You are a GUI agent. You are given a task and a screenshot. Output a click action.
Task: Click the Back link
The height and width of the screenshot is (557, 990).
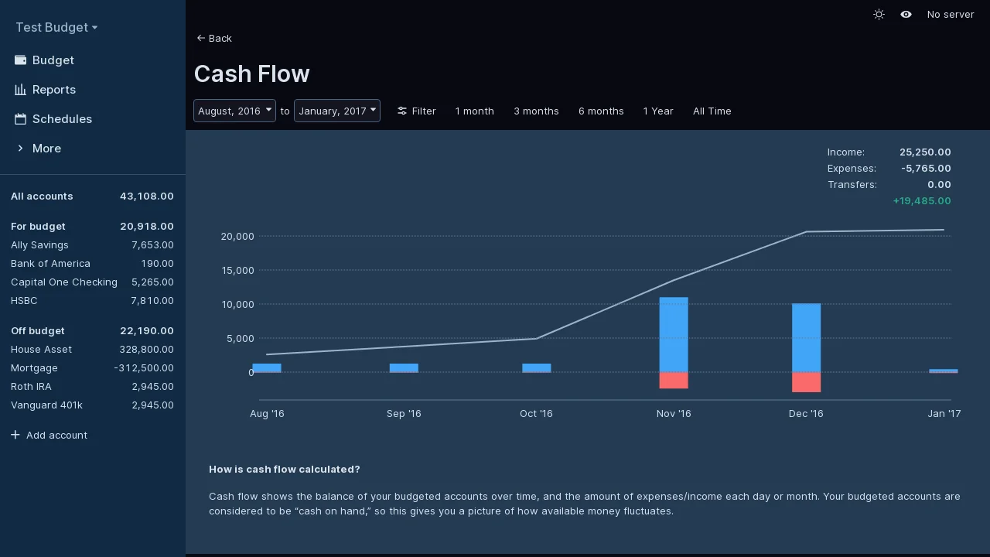coord(214,38)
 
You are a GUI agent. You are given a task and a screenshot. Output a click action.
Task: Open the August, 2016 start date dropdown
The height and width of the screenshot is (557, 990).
coord(234,111)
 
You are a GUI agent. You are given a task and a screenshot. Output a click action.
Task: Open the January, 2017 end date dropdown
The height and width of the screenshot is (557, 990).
coord(336,111)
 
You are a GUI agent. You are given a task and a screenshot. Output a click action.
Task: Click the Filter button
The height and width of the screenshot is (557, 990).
coord(417,111)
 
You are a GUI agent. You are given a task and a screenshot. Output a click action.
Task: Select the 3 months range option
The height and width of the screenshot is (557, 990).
coord(536,111)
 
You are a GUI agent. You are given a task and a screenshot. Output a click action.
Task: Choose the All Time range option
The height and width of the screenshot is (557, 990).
coord(712,111)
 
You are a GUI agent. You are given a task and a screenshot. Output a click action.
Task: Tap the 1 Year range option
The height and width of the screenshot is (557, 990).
coord(658,111)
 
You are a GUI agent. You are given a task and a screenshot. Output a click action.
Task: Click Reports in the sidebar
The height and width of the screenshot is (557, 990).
coord(53,90)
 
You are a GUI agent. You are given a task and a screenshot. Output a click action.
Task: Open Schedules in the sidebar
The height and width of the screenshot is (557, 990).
coord(62,119)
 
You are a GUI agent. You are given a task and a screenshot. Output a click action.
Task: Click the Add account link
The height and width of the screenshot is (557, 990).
coord(56,435)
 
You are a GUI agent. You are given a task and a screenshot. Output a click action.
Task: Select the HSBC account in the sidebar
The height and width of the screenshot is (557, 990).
coord(24,300)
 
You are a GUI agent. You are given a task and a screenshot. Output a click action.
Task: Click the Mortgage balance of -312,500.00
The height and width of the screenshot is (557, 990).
coord(144,367)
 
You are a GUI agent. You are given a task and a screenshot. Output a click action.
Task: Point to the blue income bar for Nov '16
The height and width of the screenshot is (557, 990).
coord(674,334)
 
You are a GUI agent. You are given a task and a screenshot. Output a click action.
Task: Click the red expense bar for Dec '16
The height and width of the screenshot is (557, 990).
coord(806,382)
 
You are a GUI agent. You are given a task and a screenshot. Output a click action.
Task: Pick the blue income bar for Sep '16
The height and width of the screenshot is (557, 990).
coord(404,367)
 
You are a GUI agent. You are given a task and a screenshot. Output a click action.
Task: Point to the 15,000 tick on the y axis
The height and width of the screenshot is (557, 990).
coord(237,270)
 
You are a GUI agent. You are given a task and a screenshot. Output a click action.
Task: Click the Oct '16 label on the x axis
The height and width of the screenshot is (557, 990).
coord(536,413)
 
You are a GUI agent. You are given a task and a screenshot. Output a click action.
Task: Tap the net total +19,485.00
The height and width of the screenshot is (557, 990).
coord(922,200)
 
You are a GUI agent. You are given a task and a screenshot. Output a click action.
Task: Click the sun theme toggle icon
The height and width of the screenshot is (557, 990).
coord(879,15)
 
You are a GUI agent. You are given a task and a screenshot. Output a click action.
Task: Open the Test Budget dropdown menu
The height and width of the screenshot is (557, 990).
coord(56,27)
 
